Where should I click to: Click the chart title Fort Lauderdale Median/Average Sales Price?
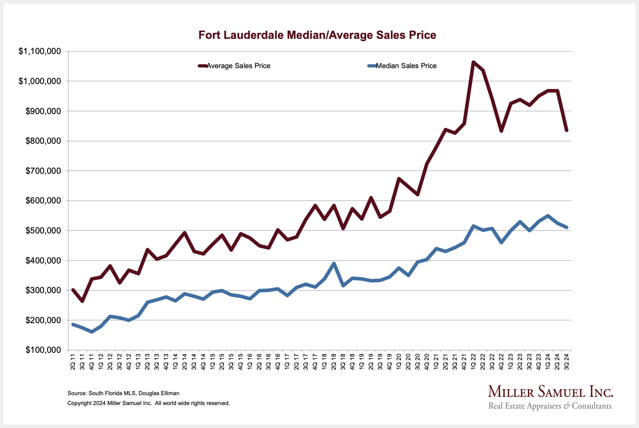[317, 35]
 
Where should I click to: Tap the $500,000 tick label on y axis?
[43, 231]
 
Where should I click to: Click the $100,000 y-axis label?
[43, 350]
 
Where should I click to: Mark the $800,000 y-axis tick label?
[43, 141]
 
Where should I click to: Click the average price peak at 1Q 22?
[473, 62]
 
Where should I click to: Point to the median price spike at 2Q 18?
[334, 263]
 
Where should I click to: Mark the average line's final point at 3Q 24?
[567, 130]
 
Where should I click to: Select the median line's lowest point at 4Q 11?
[92, 332]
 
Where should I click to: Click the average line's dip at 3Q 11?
[82, 301]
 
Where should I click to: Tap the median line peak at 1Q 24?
[548, 216]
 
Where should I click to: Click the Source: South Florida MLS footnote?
[123, 393]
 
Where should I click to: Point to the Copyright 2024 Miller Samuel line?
[148, 403]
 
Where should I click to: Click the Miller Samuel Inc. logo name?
[550, 392]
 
